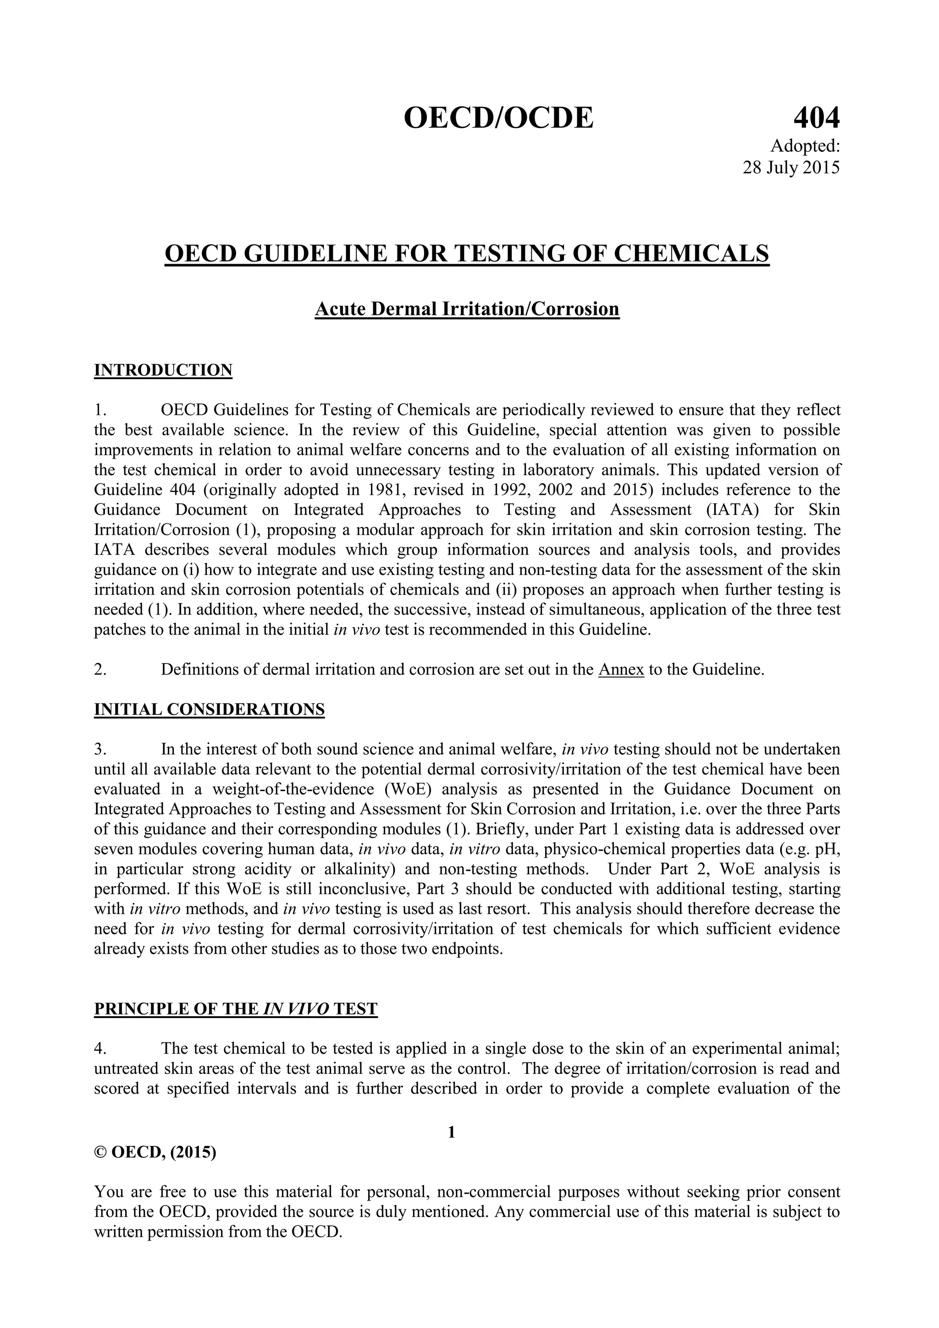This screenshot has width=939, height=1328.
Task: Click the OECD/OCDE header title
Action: [498, 119]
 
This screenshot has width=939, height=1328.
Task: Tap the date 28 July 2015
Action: [790, 167]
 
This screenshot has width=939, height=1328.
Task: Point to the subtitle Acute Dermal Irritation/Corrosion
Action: [467, 309]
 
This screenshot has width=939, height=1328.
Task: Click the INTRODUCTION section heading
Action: [163, 370]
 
